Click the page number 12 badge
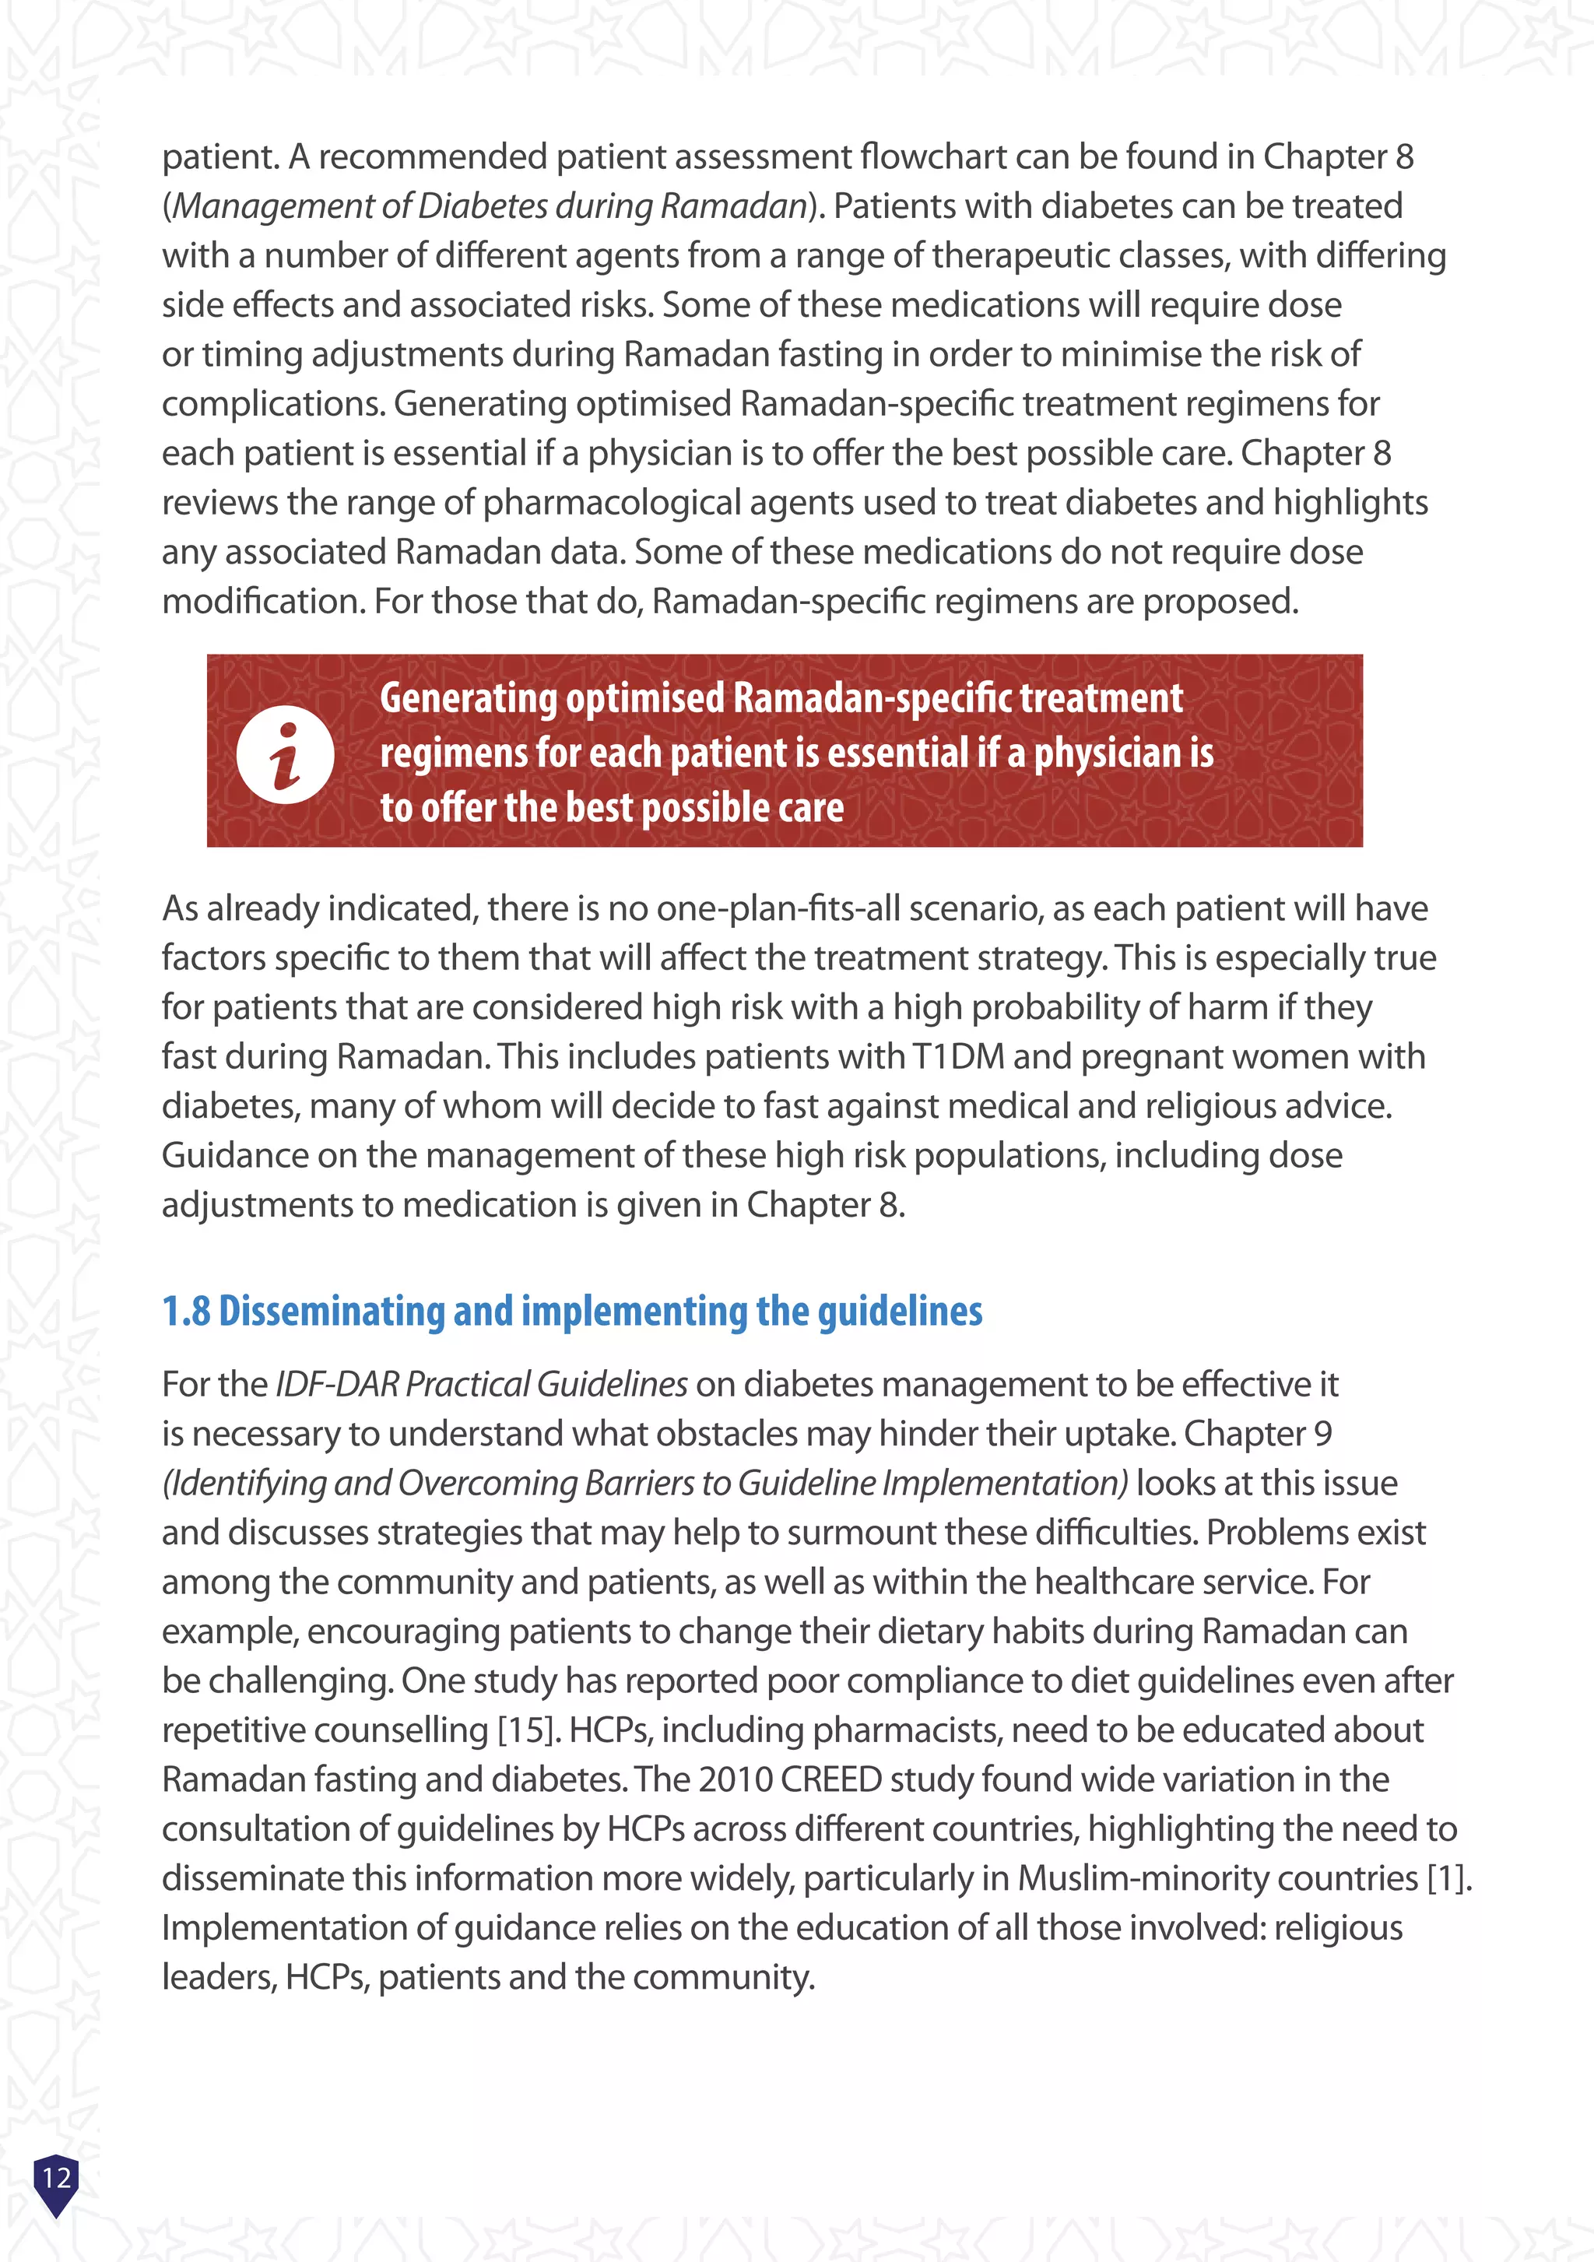coord(56,2178)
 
